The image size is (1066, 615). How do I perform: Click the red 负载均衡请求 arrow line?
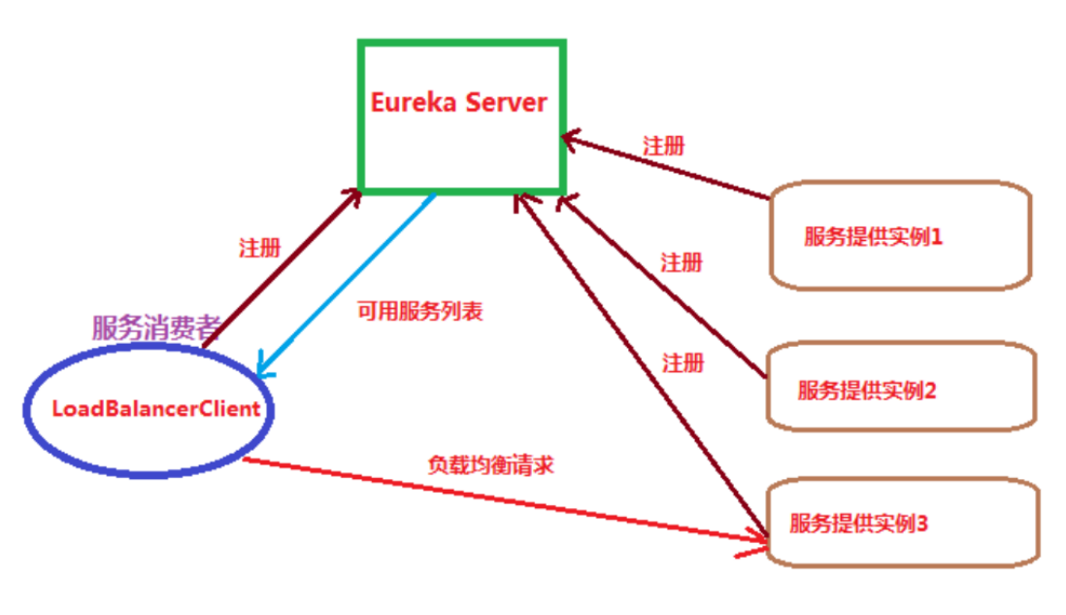click(x=505, y=496)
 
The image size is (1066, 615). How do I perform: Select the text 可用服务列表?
click(x=418, y=313)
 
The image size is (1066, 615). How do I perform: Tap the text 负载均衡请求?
click(x=490, y=465)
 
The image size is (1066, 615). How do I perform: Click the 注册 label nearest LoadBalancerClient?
click(x=259, y=248)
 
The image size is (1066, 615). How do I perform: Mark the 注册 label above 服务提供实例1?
click(x=663, y=147)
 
